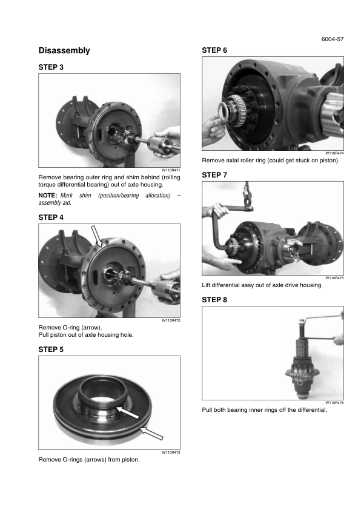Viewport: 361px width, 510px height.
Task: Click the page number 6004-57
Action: (333, 39)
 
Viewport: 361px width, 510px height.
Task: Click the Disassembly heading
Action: (64, 51)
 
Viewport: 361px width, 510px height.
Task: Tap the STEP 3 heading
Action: (51, 67)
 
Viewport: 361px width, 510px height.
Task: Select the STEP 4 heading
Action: (51, 217)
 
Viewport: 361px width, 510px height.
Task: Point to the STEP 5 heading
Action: (51, 349)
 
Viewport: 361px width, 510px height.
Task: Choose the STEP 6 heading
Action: (214, 50)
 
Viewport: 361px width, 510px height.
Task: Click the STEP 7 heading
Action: (214, 175)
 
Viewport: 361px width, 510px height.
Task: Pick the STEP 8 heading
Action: (214, 300)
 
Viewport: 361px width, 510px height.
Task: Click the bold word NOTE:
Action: (48, 196)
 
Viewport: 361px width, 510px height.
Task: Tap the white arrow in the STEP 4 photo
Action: (96, 236)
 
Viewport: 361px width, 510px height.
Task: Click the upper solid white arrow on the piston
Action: (127, 412)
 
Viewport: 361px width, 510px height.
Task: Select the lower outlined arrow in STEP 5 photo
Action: (151, 434)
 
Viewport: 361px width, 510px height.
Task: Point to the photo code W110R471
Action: (171, 170)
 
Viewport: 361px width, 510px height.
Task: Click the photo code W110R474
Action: (334, 153)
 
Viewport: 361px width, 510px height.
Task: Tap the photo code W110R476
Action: (334, 403)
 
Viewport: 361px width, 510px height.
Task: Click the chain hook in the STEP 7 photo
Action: (248, 197)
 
